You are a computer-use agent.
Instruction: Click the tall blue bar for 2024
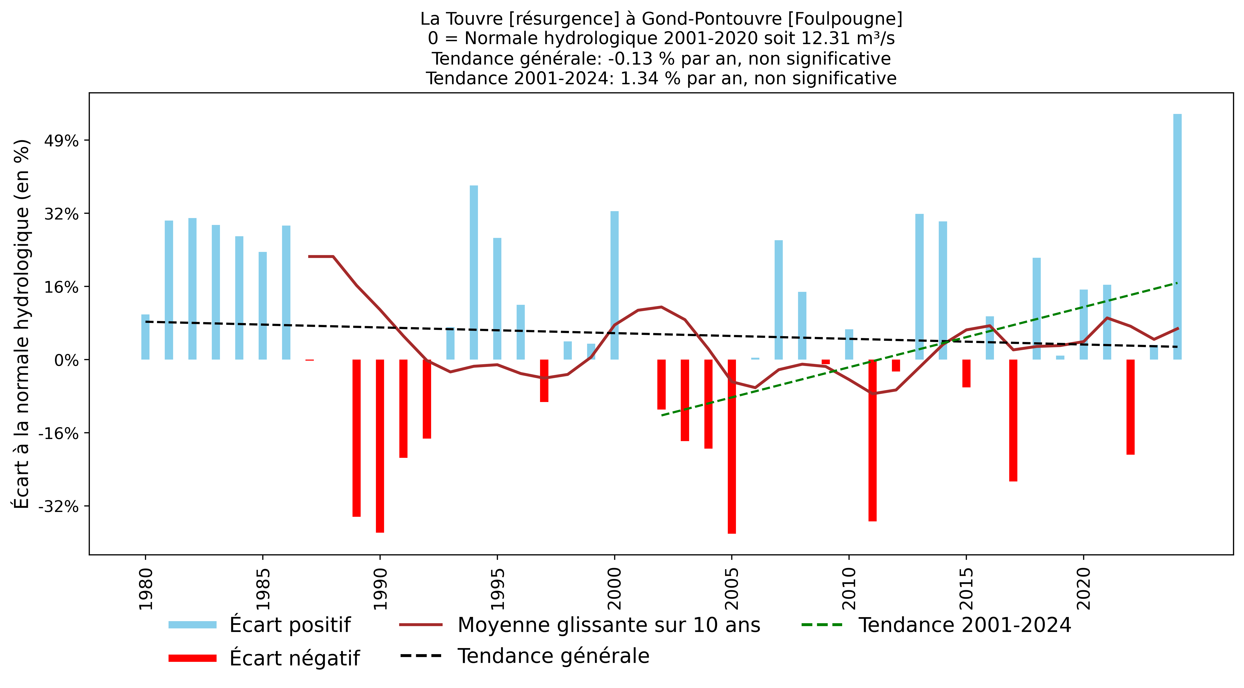pyautogui.click(x=1177, y=237)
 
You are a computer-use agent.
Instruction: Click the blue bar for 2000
pyautogui.click(x=614, y=285)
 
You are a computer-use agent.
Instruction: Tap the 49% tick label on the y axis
pyautogui.click(x=61, y=141)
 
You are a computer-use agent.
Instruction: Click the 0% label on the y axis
pyautogui.click(x=66, y=360)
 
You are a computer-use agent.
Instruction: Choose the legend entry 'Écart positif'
pyautogui.click(x=290, y=625)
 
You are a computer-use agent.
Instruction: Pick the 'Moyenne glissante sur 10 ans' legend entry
pyautogui.click(x=608, y=625)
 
